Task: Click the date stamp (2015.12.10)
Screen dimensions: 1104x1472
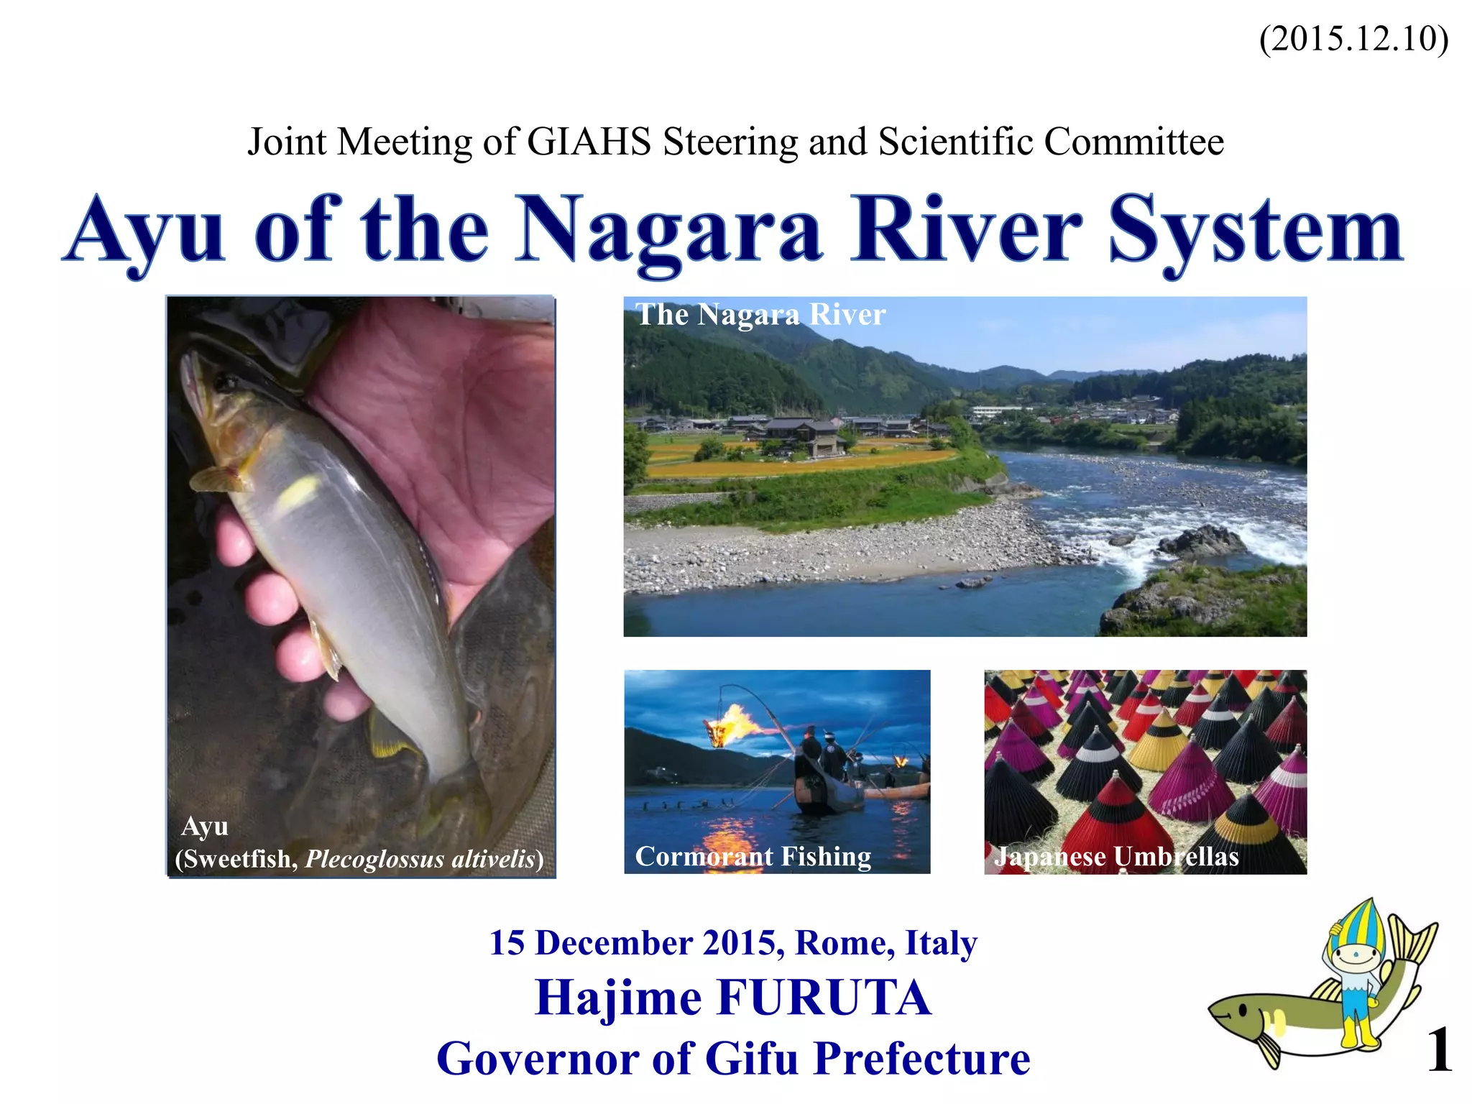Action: (1353, 39)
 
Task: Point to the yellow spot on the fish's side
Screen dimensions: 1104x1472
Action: (298, 492)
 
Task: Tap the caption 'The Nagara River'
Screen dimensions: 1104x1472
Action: (760, 315)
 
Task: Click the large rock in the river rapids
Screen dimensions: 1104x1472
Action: (1202, 540)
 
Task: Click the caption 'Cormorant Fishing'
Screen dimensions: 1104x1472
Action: (753, 857)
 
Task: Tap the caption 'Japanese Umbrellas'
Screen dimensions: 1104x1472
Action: (1116, 857)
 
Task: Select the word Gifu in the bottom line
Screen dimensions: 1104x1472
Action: (753, 1059)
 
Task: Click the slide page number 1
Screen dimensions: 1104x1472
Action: (1439, 1051)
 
